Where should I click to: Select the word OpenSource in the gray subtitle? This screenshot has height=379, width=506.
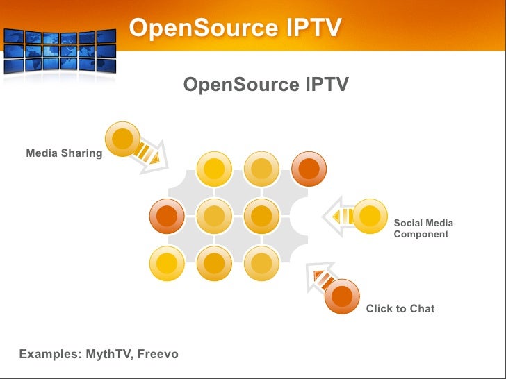coord(241,85)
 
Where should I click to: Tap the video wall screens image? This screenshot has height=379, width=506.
coord(60,51)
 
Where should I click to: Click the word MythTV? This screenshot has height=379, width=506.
coord(110,354)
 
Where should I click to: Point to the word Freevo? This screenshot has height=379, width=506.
coord(158,354)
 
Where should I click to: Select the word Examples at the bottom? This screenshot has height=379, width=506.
coord(51,354)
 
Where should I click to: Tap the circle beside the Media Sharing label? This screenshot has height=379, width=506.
coord(122,139)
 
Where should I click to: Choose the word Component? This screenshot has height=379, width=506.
coord(421,235)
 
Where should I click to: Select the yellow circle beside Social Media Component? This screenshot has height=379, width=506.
coord(370,216)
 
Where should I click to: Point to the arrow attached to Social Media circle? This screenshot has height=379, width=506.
coord(338,217)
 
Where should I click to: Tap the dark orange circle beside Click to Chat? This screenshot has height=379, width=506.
coord(342,296)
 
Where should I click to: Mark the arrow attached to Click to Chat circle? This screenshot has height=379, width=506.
coord(320,278)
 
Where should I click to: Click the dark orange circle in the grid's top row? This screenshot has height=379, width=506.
coord(309,169)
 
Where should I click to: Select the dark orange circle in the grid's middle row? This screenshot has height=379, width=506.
coord(167,216)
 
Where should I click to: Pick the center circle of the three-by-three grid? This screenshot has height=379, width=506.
coord(214,216)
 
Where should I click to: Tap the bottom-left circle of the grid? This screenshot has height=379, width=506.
coord(167,263)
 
